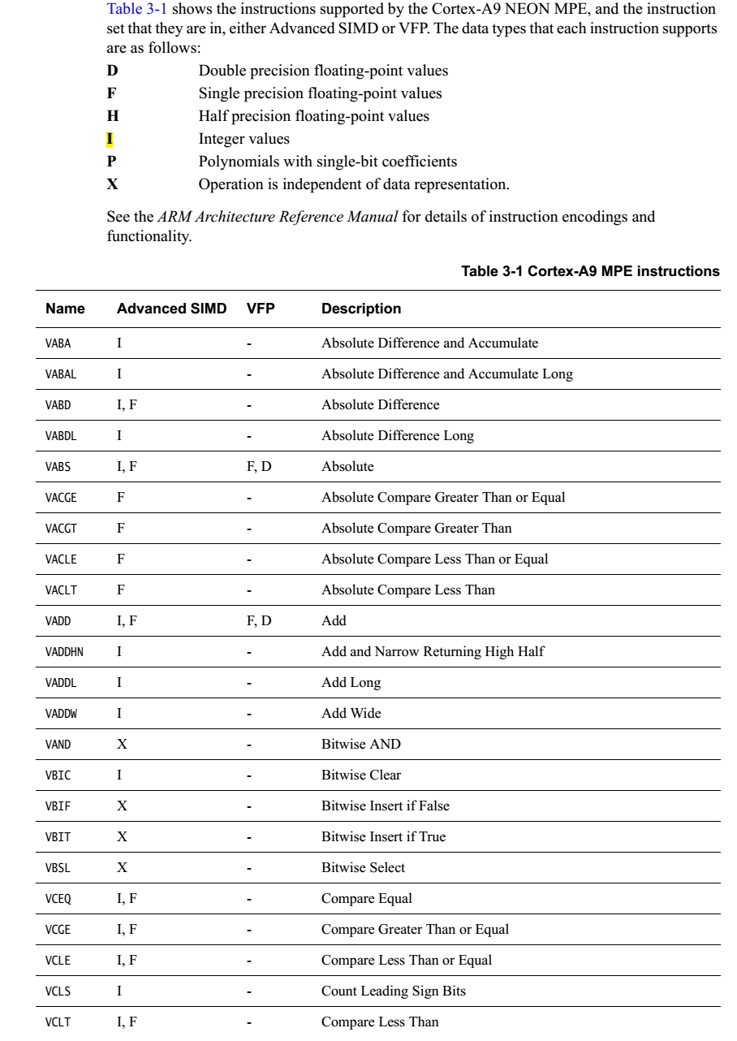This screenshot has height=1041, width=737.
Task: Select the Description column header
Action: [360, 309]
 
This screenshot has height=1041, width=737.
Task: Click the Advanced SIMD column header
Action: [173, 309]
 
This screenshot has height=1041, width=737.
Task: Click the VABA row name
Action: [58, 343]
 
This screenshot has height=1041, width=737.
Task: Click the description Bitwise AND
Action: [360, 744]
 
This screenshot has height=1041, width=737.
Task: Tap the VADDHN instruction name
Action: [62, 651]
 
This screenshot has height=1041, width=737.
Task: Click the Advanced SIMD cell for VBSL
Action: [122, 867]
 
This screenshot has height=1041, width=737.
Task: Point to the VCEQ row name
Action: [58, 898]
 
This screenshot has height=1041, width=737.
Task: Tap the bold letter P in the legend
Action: [112, 162]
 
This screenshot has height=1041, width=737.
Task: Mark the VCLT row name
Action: [58, 1022]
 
